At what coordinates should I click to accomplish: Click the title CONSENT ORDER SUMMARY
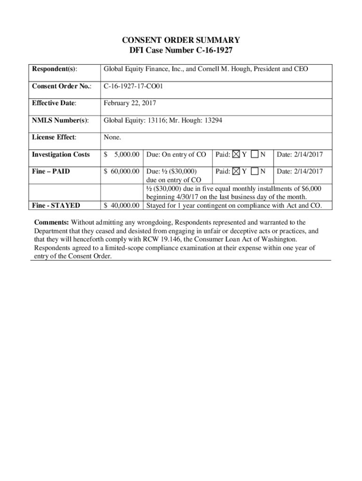coord(181,40)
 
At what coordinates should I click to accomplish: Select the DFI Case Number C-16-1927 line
coord(181,50)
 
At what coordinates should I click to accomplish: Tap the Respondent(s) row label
coord(55,70)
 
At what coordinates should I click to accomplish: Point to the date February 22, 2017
coord(130,103)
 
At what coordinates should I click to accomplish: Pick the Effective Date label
coord(54,103)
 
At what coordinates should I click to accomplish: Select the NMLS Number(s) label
coord(60,120)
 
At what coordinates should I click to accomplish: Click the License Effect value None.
coord(112,138)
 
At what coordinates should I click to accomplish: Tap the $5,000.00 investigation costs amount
coord(122,155)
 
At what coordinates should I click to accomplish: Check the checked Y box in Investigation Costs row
coord(236,155)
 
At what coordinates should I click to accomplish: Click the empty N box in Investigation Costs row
coord(255,155)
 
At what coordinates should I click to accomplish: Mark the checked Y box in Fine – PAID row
coord(236,171)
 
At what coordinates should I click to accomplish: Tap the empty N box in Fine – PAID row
coord(255,171)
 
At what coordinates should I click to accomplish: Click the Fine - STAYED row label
coord(55,205)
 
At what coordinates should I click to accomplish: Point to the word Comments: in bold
coord(51,222)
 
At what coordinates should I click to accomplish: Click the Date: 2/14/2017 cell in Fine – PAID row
coord(300,171)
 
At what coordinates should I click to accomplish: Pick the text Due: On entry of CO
coord(176,155)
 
